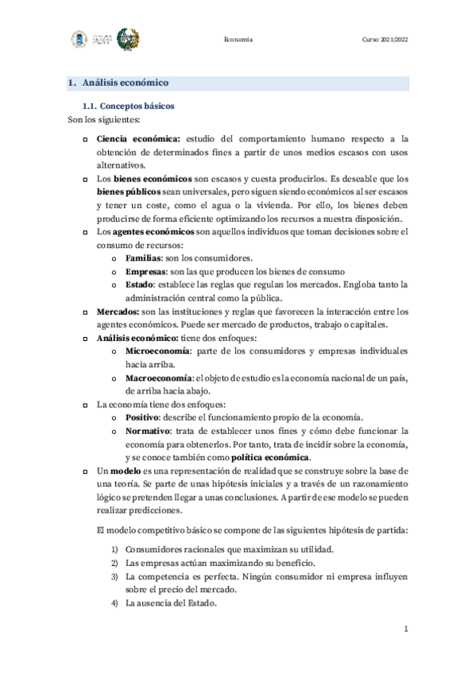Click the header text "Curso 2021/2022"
(385, 39)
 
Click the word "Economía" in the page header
(238, 39)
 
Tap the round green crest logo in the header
(129, 39)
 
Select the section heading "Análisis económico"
(125, 83)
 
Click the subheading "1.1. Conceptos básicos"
(129, 106)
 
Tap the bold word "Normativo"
(146, 431)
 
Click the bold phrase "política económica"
(270, 458)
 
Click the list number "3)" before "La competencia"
(114, 575)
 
